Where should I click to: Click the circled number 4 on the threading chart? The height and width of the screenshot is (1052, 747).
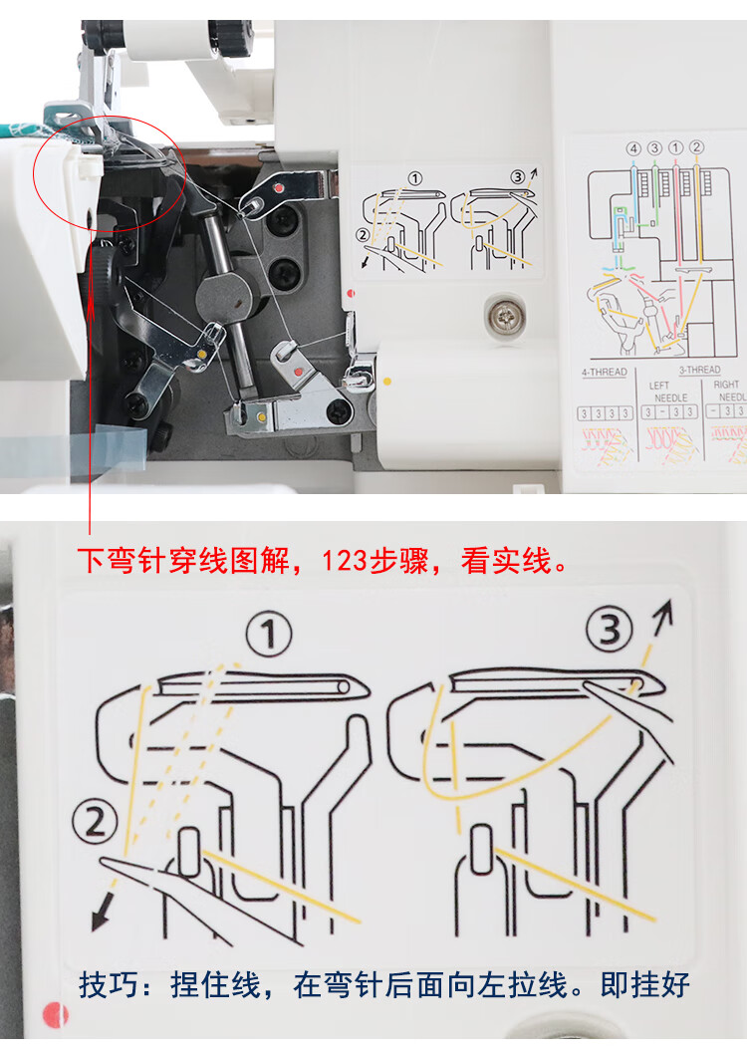tap(633, 148)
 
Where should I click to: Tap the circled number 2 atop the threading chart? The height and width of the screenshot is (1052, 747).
tap(697, 148)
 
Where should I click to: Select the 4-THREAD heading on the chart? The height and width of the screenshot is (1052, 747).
tap(604, 372)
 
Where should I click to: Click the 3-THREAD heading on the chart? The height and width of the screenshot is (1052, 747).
tap(699, 370)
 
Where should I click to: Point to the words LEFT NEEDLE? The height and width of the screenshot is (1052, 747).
tap(659, 391)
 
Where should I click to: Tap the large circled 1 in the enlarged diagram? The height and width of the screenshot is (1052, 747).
tap(269, 635)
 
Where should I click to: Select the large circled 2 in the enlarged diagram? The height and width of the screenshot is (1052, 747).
tap(96, 824)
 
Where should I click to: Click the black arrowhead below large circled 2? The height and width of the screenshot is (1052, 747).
tap(98, 919)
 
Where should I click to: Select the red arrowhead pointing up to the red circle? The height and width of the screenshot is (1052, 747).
tap(90, 297)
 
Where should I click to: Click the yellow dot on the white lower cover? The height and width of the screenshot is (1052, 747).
tap(386, 380)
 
